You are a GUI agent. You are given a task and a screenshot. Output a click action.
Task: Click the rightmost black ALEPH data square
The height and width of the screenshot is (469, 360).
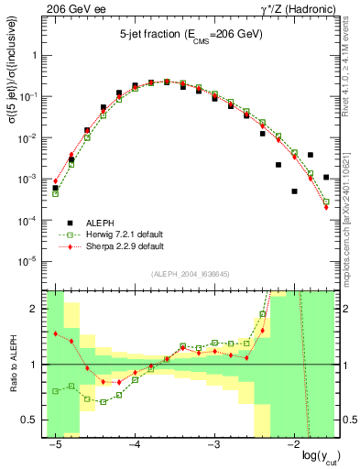326,178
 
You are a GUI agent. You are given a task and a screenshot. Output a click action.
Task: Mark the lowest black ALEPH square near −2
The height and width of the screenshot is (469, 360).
294,191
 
